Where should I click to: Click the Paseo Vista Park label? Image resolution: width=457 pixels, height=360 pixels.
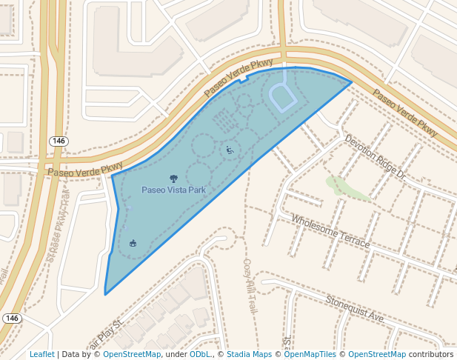click(173, 190)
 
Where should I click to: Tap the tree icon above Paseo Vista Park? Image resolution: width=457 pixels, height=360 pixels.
click(173, 179)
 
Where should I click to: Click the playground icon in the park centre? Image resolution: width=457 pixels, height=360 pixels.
click(230, 150)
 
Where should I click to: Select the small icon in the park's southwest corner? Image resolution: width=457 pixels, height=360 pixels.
click(133, 243)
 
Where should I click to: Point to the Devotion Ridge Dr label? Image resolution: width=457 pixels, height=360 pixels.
click(376, 158)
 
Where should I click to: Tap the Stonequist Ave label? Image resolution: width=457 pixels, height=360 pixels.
click(355, 307)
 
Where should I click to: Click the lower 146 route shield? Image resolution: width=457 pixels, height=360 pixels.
click(11, 319)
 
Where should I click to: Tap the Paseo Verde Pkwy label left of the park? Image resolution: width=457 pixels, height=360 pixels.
click(85, 170)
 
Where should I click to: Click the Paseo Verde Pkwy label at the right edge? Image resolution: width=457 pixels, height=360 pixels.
click(405, 113)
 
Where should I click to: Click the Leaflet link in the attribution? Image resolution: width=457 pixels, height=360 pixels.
click(41, 355)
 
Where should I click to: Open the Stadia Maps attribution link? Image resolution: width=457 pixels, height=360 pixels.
click(249, 355)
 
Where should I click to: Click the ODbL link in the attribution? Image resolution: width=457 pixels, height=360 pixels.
click(200, 355)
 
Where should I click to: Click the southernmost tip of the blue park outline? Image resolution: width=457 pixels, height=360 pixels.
click(105, 295)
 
